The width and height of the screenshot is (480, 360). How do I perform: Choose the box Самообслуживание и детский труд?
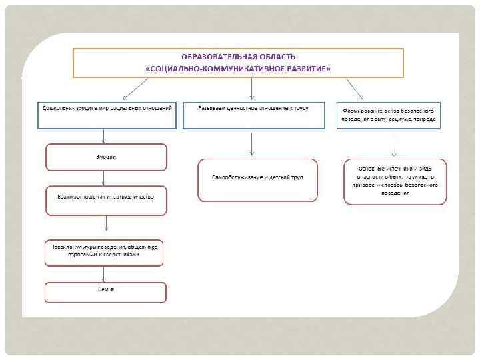point(257,179)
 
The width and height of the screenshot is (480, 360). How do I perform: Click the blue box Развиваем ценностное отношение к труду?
point(253,114)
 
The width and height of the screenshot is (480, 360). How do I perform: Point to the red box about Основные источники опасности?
point(395,181)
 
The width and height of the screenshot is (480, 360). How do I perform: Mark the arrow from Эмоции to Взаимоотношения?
point(104,178)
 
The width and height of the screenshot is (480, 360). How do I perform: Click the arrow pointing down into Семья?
point(104,275)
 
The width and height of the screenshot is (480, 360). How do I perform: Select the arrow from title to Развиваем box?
point(252,89)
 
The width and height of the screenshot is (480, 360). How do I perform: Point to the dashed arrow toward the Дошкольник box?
point(135,89)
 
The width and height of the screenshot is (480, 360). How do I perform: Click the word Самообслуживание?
point(235,177)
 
